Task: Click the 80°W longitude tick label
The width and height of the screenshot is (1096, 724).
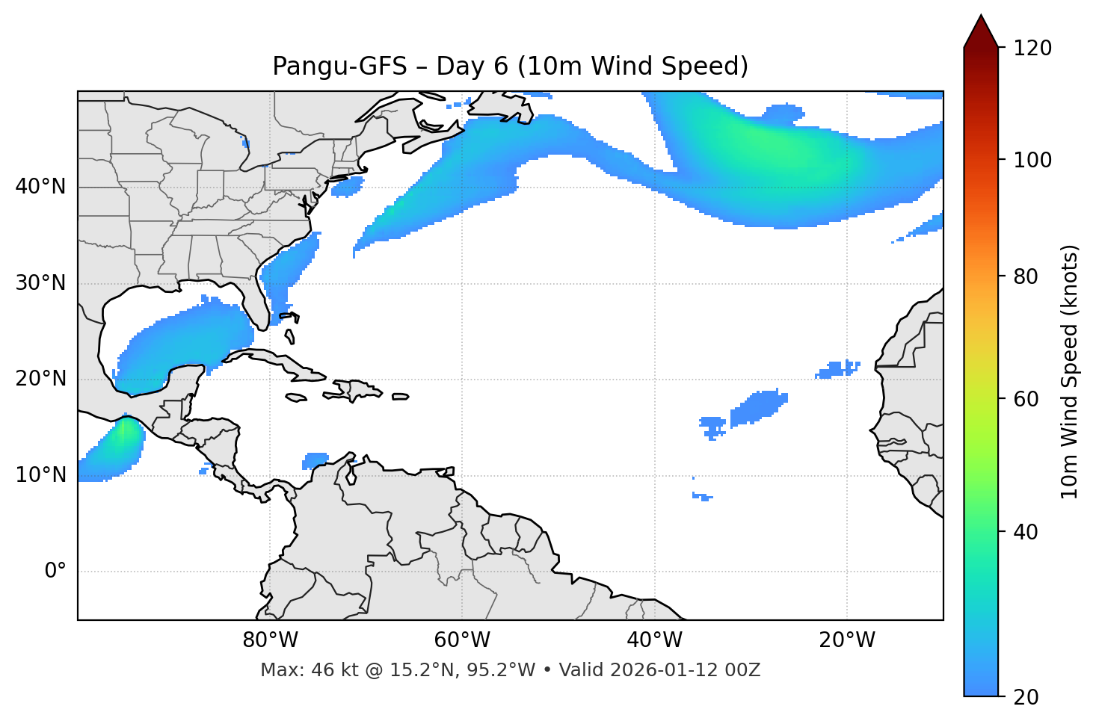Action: pyautogui.click(x=270, y=640)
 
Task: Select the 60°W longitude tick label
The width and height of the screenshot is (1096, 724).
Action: pyautogui.click(x=462, y=640)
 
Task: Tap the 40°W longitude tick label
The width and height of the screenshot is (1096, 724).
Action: pyautogui.click(x=654, y=640)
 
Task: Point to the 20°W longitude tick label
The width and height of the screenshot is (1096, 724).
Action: pyautogui.click(x=846, y=640)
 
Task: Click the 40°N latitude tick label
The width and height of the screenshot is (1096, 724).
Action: pyautogui.click(x=40, y=187)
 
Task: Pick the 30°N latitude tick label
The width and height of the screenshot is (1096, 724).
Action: pyautogui.click(x=40, y=283)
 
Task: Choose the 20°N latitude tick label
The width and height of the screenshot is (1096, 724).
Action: pyautogui.click(x=40, y=379)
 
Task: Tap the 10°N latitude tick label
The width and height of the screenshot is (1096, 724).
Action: pyautogui.click(x=40, y=475)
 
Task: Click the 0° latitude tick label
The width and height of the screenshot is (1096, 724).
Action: pyautogui.click(x=55, y=572)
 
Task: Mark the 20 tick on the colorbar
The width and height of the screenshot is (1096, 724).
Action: pyautogui.click(x=1026, y=697)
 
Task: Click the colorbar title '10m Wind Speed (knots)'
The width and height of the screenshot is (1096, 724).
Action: pyautogui.click(x=1070, y=372)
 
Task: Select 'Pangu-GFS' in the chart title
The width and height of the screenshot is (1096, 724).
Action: pyautogui.click(x=339, y=66)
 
